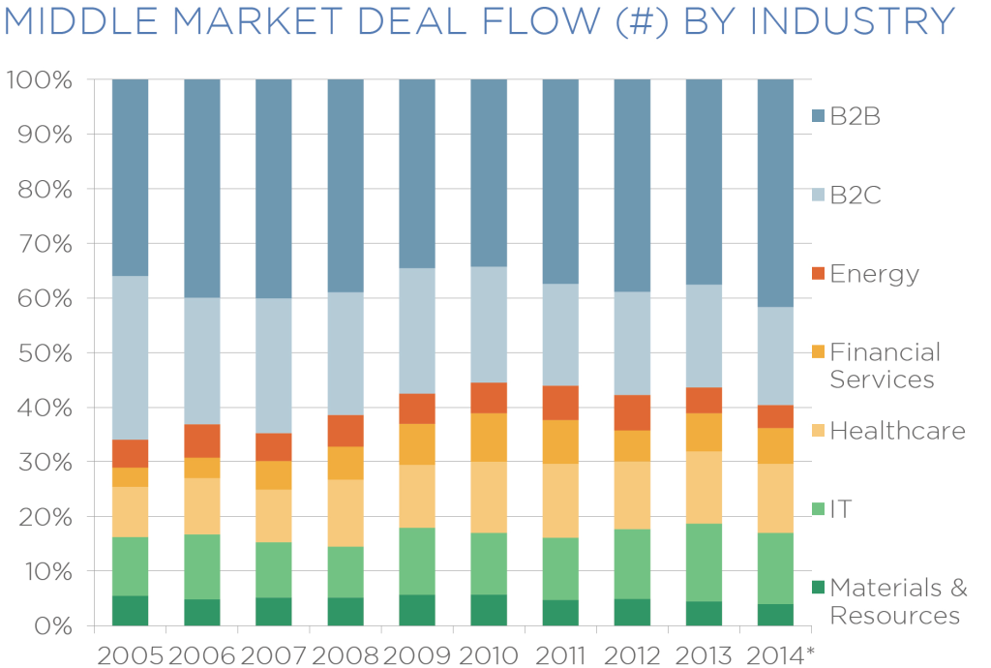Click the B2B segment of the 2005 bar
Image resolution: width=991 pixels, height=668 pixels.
coord(130,177)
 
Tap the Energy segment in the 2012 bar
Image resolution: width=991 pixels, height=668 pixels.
coord(632,412)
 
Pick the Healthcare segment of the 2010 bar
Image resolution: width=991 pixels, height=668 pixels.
coord(489,497)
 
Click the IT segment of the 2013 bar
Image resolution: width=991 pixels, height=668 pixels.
coord(704,562)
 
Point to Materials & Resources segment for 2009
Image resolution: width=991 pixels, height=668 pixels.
coord(417,610)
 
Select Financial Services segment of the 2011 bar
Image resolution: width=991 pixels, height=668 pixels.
coord(560,441)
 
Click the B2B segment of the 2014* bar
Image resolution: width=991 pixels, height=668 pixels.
coord(775,193)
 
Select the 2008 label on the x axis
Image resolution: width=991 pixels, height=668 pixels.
coord(345,655)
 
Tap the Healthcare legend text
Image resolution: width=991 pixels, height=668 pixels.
coord(898,431)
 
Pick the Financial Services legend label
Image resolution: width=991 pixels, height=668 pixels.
coord(885,365)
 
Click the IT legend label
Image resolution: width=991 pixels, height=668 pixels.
coord(841,509)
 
